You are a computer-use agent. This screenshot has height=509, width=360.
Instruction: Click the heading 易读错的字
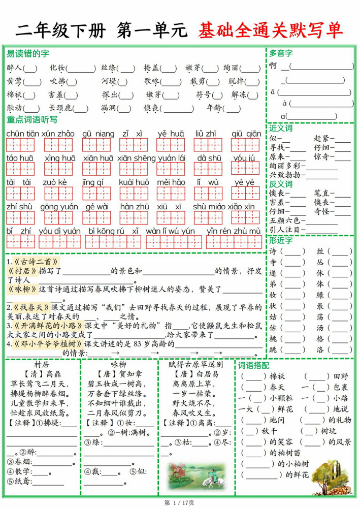pyautogui.click(x=28, y=53)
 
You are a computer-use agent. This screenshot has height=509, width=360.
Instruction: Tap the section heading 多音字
pyautogui.click(x=281, y=53)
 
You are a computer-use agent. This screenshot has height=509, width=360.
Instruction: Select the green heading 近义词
pyautogui.click(x=281, y=128)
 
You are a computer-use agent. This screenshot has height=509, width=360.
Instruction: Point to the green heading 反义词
pyautogui.click(x=281, y=184)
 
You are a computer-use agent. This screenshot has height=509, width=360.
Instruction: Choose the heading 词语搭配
pyautogui.click(x=254, y=365)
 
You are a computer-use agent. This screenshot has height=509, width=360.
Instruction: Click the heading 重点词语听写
pyautogui.click(x=32, y=120)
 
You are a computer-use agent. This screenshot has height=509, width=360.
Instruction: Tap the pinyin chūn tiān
pyautogui.click(x=23, y=134)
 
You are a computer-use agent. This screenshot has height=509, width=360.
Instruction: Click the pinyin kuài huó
pyautogui.click(x=134, y=182)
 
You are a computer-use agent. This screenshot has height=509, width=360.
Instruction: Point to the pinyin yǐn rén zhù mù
pyautogui.click(x=234, y=231)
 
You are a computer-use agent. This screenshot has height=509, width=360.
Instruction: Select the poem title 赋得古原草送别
pyautogui.click(x=195, y=364)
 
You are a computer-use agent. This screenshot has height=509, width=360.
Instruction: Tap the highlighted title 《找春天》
pyautogui.click(x=29, y=307)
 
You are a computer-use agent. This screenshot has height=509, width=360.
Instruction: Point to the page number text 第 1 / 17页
pyautogui.click(x=180, y=503)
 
